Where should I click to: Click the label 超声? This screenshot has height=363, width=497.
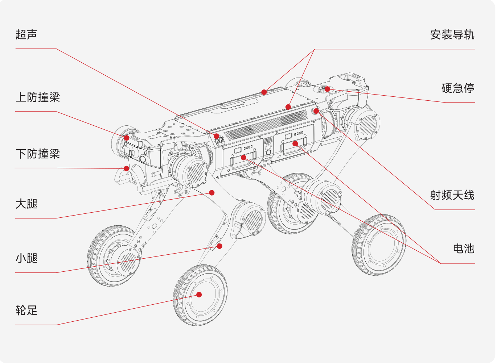26,34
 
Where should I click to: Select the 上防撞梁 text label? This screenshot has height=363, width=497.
38,97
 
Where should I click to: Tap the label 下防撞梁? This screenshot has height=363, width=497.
38,154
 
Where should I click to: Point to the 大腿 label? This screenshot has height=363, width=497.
26,204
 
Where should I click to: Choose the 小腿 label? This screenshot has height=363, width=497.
26,258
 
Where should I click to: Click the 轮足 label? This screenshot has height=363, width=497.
26,310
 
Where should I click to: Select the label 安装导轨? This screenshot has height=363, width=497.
452,35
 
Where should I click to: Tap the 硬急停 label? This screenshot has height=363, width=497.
458,88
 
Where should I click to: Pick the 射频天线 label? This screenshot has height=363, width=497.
452,195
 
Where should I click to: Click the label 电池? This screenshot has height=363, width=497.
464,249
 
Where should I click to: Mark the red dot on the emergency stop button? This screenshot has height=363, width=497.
327,89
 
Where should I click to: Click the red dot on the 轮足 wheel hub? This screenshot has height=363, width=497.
199,295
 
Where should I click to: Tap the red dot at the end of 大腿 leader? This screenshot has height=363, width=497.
212,193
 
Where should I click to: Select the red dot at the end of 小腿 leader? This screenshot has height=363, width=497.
219,246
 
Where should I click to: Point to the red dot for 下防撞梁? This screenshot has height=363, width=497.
127,168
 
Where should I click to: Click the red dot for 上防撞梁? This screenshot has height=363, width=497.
127,138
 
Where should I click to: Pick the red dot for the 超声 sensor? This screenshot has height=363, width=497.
217,136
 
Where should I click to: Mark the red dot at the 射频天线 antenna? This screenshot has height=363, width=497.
316,111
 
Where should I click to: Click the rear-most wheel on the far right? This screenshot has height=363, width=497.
379,245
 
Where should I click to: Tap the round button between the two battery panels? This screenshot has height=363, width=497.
268,152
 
